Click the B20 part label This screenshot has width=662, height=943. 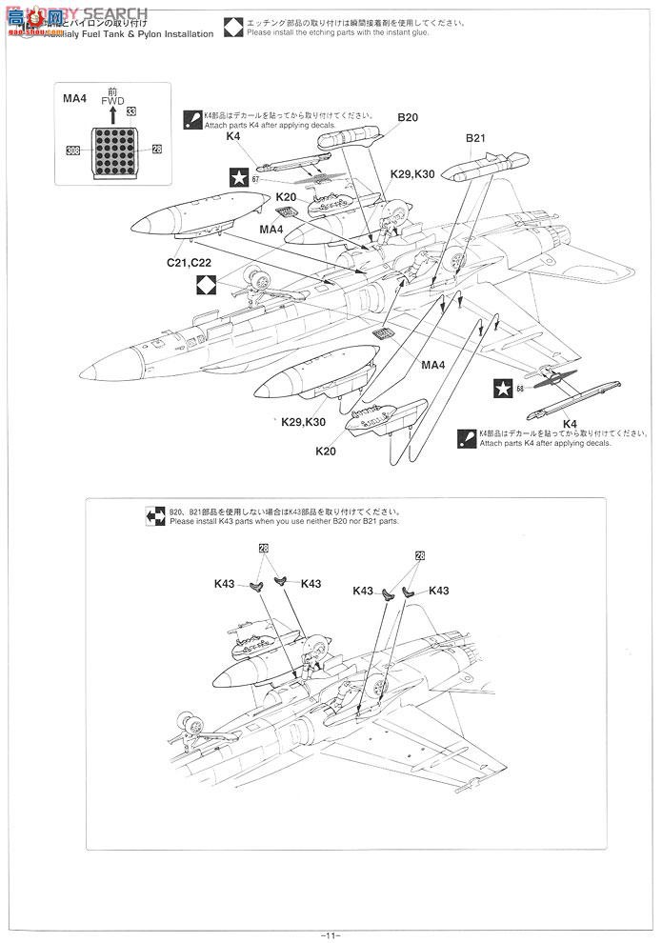pyautogui.click(x=409, y=117)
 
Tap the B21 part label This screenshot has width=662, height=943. pyautogui.click(x=476, y=138)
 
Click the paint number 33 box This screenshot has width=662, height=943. pyautogui.click(x=130, y=112)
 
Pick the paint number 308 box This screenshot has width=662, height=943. pyautogui.click(x=73, y=150)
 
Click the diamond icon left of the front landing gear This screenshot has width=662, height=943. pyautogui.click(x=207, y=285)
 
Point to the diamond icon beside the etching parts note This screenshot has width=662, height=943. pyautogui.click(x=233, y=27)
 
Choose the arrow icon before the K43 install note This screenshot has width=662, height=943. pyautogui.click(x=155, y=515)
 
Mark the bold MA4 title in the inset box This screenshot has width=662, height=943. pyautogui.click(x=74, y=97)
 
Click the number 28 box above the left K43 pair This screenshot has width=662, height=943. pyautogui.click(x=264, y=549)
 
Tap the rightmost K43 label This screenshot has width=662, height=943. pyautogui.click(x=440, y=591)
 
